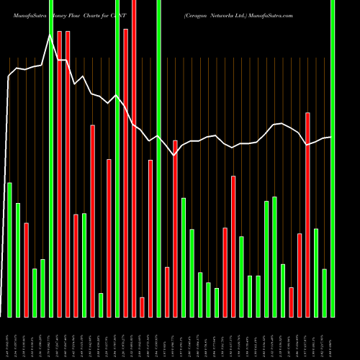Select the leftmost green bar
(10, 250)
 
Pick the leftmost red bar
(27, 270)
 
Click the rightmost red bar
(307, 215)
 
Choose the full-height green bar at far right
(333, 158)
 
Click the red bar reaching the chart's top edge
(134, 158)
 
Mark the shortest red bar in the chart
(142, 307)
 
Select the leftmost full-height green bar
(51, 158)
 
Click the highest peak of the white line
(51, 34)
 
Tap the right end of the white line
(331, 137)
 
